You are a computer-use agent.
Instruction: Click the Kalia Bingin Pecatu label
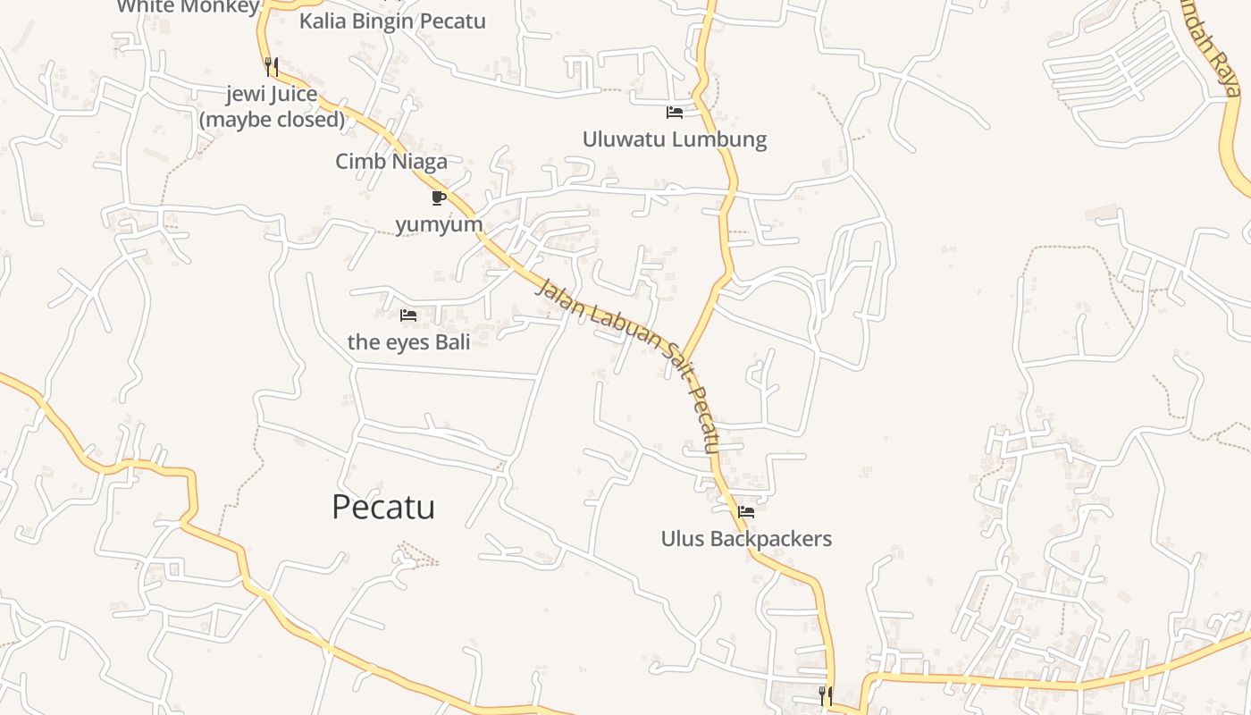point(392,21)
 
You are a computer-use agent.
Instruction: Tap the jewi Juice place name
point(272,94)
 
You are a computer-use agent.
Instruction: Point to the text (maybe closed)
point(272,119)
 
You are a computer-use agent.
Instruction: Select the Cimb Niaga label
point(391,162)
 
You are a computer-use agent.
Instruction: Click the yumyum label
point(439,224)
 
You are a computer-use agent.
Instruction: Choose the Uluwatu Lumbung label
point(675,139)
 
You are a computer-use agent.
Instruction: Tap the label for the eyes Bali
point(408,341)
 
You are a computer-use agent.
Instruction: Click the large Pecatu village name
point(383,507)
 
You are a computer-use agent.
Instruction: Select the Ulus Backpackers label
point(746,539)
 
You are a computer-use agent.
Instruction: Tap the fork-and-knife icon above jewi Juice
point(272,66)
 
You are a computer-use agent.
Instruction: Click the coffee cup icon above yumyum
point(438,198)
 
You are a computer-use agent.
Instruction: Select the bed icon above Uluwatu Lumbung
point(675,113)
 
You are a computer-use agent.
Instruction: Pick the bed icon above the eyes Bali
point(408,315)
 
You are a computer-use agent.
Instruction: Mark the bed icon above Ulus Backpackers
point(746,512)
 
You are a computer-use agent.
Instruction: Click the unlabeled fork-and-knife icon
point(826,694)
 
